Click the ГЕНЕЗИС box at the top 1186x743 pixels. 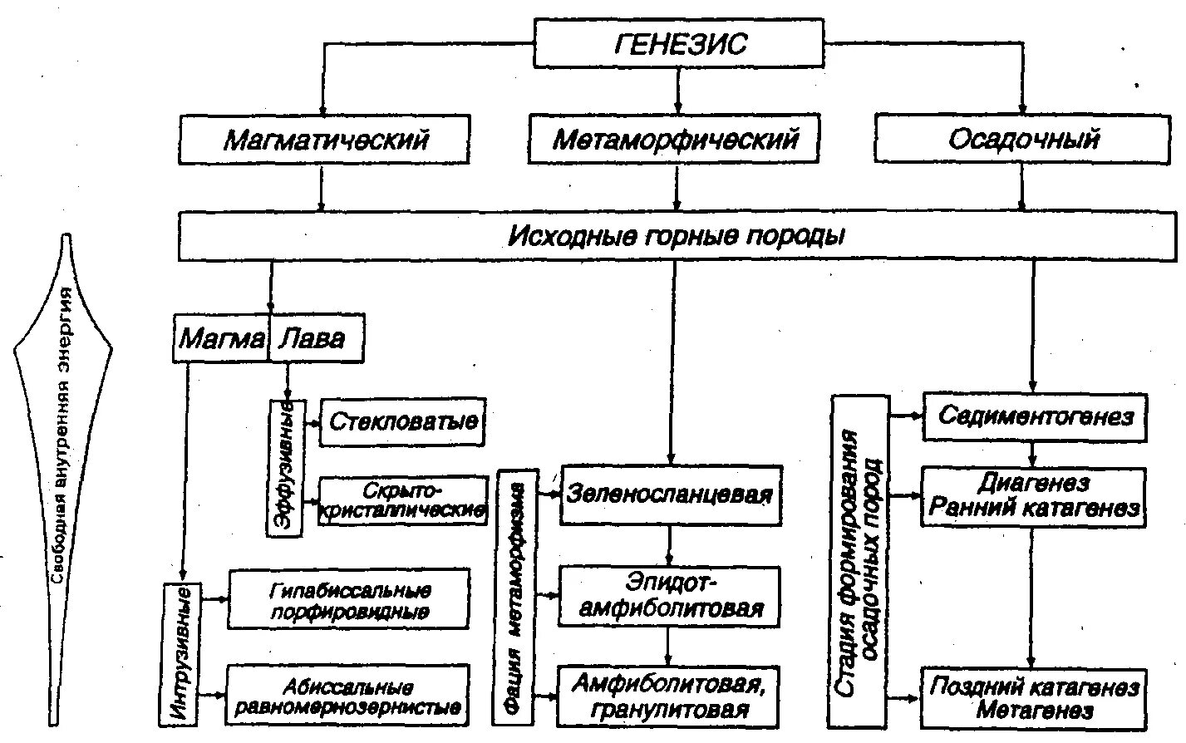[x=678, y=43]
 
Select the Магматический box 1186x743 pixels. [x=325, y=139]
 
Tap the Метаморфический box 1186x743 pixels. [x=675, y=139]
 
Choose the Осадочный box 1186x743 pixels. [x=1023, y=139]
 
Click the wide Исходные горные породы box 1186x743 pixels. [x=677, y=237]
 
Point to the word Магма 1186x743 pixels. [x=221, y=337]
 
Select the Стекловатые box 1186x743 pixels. [x=402, y=421]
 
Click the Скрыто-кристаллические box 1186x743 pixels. [x=403, y=500]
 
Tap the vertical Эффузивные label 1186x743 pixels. [x=285, y=467]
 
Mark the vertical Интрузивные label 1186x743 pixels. [x=176, y=653]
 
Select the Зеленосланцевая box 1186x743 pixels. [x=671, y=495]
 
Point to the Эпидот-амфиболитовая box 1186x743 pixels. [x=670, y=595]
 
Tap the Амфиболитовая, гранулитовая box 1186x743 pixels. [x=669, y=696]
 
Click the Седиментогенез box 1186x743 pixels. [x=1035, y=416]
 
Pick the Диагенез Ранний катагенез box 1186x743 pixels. [x=1033, y=496]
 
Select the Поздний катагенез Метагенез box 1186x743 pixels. [x=1034, y=697]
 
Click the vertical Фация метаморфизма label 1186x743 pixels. [x=516, y=597]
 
